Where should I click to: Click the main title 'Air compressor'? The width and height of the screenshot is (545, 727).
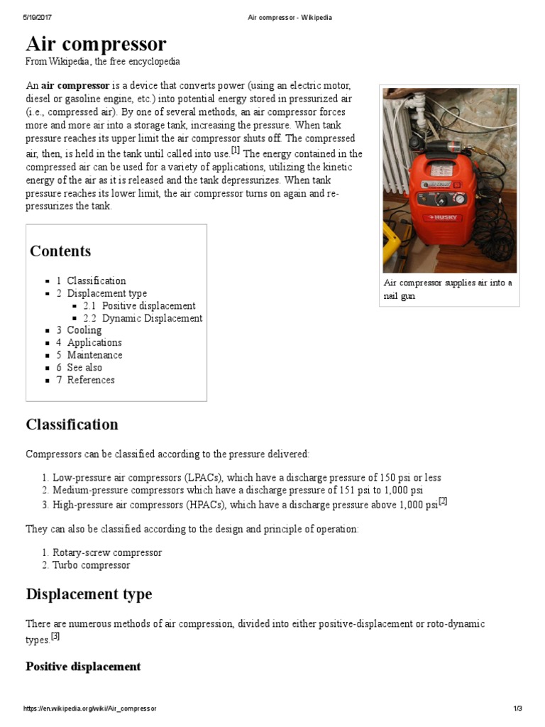click(96, 45)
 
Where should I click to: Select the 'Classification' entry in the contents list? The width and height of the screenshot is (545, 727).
click(96, 280)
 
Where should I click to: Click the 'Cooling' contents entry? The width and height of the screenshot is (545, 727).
click(84, 330)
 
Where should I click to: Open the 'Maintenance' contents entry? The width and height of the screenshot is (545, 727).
click(94, 355)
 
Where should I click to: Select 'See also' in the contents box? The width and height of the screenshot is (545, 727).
click(84, 367)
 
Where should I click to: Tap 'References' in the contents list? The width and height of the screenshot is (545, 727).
click(90, 380)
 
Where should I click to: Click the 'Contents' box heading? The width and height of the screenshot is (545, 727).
click(60, 251)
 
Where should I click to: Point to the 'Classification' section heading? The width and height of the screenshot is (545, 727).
click(72, 425)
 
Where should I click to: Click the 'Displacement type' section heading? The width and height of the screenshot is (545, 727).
click(89, 594)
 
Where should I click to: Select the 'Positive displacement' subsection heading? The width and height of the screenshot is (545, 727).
click(83, 667)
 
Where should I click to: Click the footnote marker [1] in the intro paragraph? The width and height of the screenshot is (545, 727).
click(236, 151)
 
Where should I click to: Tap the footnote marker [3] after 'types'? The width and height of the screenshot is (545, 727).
click(55, 636)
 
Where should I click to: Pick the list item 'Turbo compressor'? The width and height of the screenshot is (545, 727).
click(94, 565)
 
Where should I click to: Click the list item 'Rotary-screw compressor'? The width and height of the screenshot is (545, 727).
click(106, 552)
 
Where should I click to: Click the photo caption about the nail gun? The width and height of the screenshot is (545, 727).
click(450, 289)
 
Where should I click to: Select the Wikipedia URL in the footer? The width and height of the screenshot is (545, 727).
click(89, 709)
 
